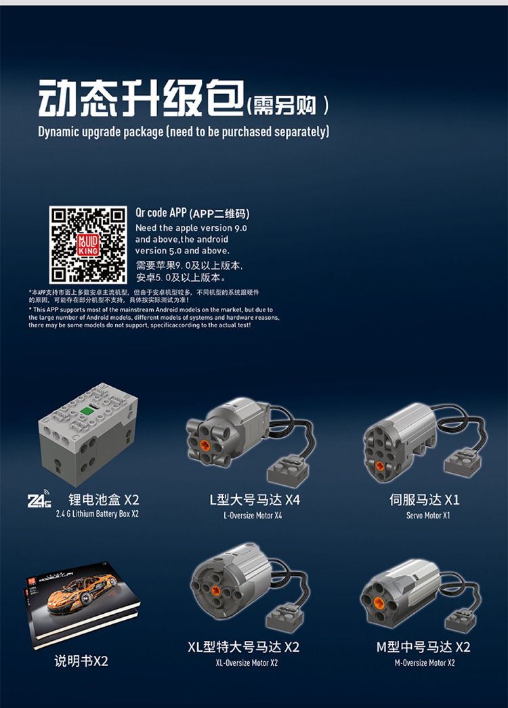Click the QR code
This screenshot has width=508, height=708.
[x=88, y=245]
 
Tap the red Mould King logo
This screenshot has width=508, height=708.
[x=89, y=245]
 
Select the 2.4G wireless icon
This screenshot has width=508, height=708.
[x=39, y=499]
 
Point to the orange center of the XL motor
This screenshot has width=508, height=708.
[x=216, y=589]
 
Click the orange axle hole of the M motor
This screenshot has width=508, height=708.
[x=379, y=603]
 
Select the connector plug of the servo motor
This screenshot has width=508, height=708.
[x=463, y=463]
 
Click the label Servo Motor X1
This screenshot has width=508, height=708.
[x=428, y=515]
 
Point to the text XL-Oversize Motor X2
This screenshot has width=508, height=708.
[x=247, y=663]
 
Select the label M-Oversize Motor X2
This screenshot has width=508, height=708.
[x=425, y=663]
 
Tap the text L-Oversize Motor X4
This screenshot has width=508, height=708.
[x=253, y=515]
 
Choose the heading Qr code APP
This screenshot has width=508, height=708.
[x=161, y=213]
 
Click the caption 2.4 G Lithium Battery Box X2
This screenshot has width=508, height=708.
[x=98, y=514]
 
